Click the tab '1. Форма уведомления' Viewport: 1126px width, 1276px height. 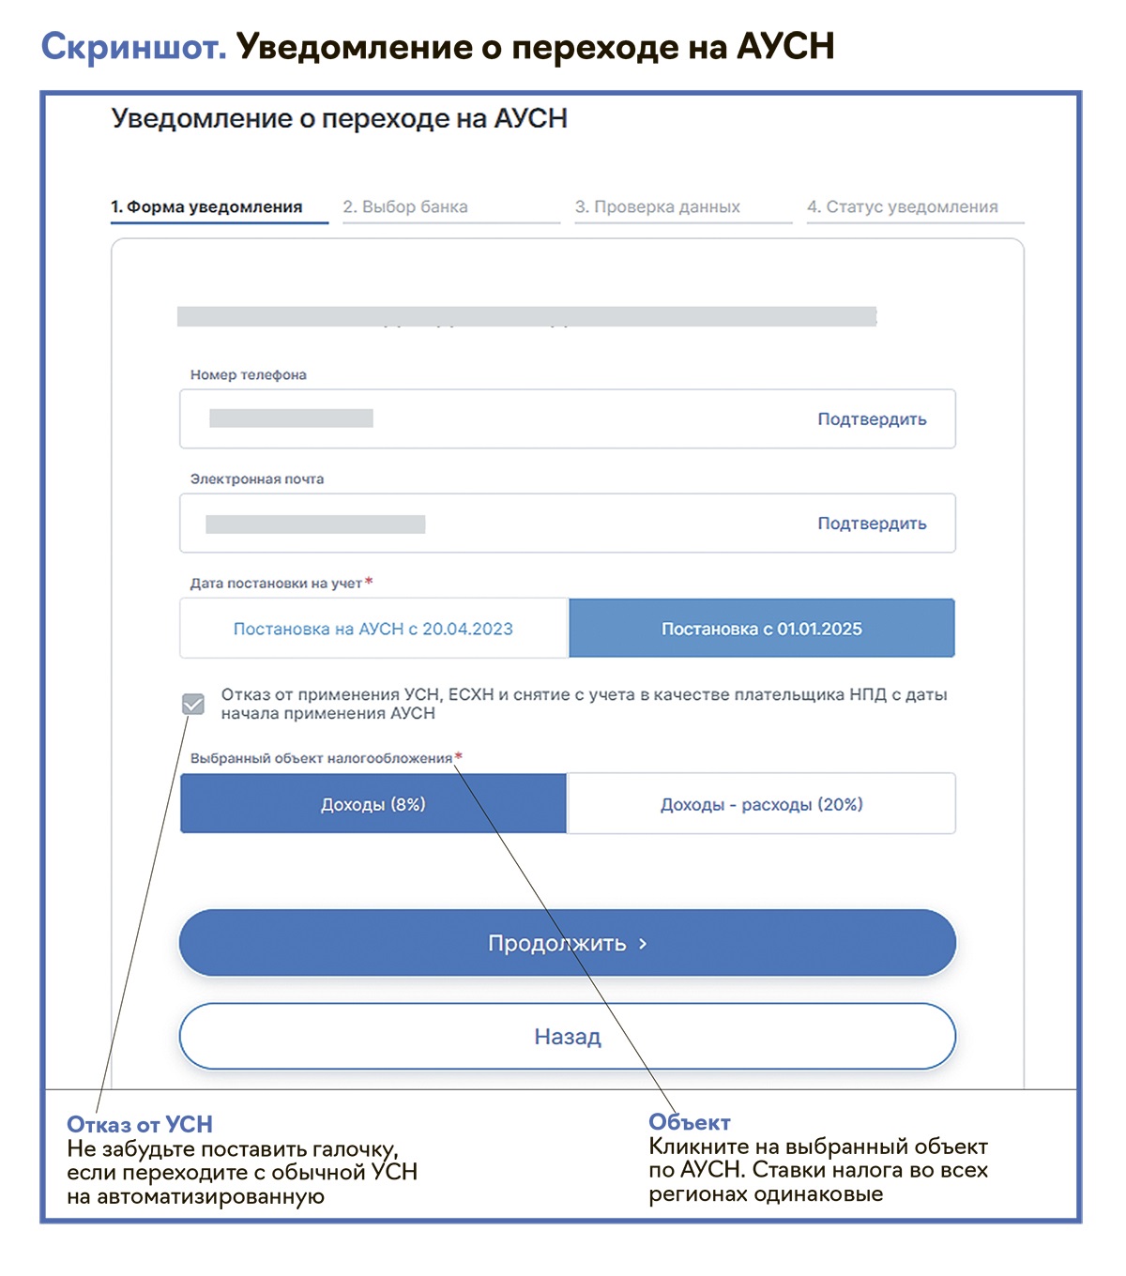click(206, 207)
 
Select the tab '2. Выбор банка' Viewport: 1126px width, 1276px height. click(405, 207)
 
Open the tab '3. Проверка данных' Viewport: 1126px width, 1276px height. click(658, 207)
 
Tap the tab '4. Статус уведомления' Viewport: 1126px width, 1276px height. click(903, 207)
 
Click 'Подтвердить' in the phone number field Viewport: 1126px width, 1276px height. click(872, 419)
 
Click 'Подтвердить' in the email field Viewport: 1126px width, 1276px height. click(872, 524)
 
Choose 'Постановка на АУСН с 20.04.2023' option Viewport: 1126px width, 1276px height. click(373, 629)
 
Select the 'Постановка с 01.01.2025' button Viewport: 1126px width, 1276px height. click(762, 629)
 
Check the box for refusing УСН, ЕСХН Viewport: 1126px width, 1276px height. click(193, 704)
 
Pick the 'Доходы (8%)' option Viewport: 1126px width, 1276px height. click(373, 804)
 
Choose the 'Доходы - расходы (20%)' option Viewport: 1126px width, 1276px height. click(762, 804)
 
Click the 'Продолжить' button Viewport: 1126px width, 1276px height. click(567, 943)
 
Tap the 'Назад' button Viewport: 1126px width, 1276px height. click(567, 1037)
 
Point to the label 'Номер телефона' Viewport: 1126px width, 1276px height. click(249, 375)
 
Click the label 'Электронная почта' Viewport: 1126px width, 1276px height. click(257, 479)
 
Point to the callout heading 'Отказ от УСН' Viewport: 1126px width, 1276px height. click(140, 1124)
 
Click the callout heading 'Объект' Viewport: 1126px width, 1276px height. click(690, 1122)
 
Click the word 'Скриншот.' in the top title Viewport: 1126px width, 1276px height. click(133, 47)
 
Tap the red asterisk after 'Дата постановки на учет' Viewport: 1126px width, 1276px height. click(369, 582)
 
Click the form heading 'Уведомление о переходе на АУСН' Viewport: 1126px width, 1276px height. click(340, 119)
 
